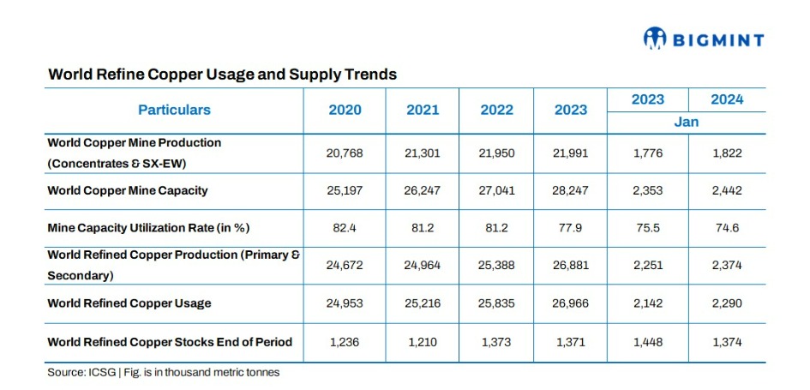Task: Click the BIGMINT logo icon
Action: coord(655,39)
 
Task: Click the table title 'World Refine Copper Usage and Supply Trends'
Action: coord(222,75)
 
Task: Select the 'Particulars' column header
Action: coord(174,110)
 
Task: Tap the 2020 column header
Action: coord(345,110)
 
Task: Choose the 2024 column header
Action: coord(726,99)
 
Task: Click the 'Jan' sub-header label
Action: coord(686,122)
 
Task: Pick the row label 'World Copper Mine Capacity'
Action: coord(127,190)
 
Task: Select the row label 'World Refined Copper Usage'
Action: coord(129,303)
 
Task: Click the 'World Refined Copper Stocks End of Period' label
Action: coord(170,342)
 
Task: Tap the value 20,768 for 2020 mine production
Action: coord(345,153)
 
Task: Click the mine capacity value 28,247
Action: coord(570,190)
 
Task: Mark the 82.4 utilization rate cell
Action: coord(345,228)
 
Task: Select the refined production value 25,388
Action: coord(496,266)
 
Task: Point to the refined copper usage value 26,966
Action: coord(570,303)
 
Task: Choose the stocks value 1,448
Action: coord(648,342)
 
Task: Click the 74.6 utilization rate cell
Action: coord(726,228)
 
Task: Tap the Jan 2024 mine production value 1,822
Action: coord(726,153)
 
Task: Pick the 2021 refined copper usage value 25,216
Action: coord(422,303)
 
